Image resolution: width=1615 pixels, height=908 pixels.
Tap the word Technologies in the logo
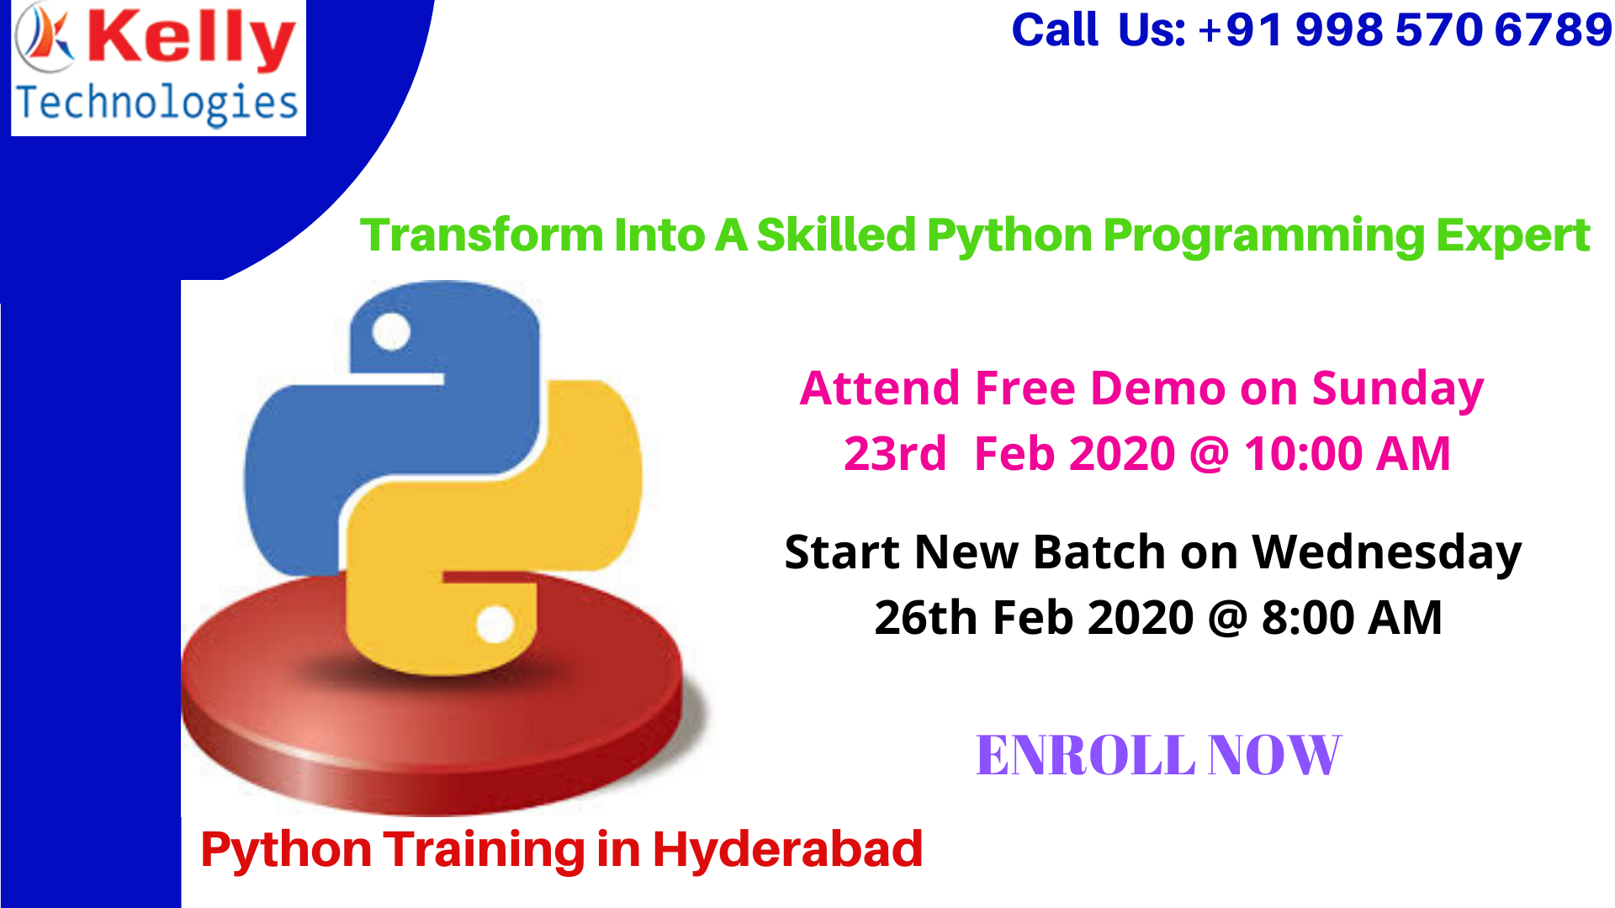click(157, 103)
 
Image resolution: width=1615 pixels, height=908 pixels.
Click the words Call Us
click(1098, 30)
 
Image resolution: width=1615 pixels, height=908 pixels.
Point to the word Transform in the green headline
click(481, 235)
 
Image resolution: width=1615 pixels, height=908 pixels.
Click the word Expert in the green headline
click(1512, 235)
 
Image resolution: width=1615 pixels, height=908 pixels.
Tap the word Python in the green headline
click(1009, 235)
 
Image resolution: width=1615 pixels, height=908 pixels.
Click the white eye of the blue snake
click(391, 331)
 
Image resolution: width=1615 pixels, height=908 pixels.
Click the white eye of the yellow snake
click(495, 625)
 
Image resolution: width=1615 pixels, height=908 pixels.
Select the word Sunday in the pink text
click(1397, 389)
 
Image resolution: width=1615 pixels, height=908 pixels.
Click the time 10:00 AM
click(1347, 454)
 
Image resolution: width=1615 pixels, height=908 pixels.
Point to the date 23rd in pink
click(894, 454)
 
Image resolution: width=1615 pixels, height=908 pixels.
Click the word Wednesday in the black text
click(1386, 553)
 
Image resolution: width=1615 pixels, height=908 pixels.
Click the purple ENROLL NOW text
click(1157, 755)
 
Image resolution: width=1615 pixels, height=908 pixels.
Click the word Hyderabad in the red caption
click(787, 849)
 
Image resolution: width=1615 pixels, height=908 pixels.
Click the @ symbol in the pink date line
click(1209, 455)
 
